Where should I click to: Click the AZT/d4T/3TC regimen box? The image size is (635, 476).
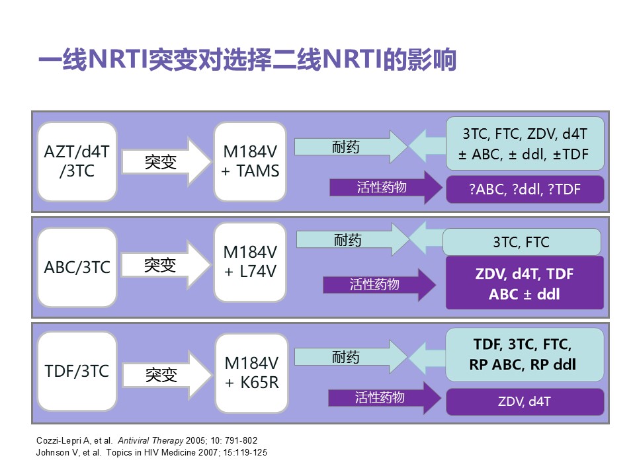(77, 161)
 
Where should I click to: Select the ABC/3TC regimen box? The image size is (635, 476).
(77, 267)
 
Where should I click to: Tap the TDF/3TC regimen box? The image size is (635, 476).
(77, 371)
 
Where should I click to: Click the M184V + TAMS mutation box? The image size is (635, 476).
(250, 161)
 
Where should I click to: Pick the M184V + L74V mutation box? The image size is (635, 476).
(250, 262)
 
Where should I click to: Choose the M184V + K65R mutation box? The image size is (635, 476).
(251, 373)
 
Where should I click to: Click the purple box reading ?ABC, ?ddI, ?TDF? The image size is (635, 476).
(525, 189)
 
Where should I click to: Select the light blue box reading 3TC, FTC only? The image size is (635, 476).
(522, 242)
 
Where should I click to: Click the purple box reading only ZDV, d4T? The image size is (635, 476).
(525, 401)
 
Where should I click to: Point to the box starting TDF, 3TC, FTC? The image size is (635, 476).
(525, 354)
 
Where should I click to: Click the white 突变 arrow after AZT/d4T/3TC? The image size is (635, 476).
(167, 162)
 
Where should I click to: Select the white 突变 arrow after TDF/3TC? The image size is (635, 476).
(167, 375)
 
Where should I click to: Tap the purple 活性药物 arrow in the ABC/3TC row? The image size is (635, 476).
(379, 284)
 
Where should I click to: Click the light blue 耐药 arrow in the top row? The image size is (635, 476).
(351, 147)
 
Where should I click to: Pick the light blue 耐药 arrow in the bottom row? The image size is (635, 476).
(351, 356)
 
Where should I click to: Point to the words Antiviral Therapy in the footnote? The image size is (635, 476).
(151, 440)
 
